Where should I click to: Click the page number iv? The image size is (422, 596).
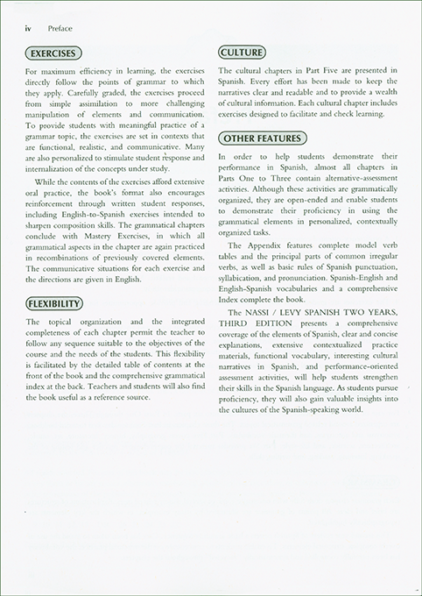[19, 27]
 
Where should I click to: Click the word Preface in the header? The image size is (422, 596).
[44, 27]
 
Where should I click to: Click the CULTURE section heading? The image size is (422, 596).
[242, 53]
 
